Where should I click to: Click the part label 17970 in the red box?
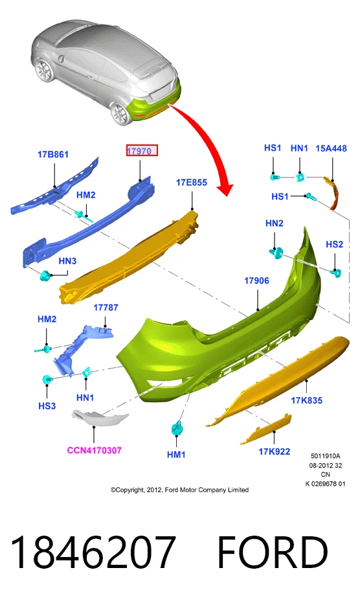[x=139, y=151]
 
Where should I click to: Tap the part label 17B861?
[x=53, y=155]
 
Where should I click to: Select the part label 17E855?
[x=192, y=182]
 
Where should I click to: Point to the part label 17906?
[x=257, y=280]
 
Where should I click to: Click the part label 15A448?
[x=331, y=148]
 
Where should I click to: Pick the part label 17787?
[x=106, y=308]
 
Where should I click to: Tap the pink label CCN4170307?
[x=95, y=450]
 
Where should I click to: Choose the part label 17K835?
[x=306, y=400]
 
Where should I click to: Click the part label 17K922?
[x=275, y=451]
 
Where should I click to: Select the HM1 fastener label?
[x=176, y=455]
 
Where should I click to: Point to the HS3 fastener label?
[x=47, y=405]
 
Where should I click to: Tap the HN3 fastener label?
[x=67, y=261]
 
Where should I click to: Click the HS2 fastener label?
[x=334, y=244]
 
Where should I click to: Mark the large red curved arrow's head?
[x=225, y=189]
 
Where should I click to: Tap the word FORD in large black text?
[x=273, y=552]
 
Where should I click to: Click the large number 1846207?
[x=93, y=552]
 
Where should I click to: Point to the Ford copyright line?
[x=179, y=490]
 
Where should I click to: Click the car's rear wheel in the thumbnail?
[x=120, y=113]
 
